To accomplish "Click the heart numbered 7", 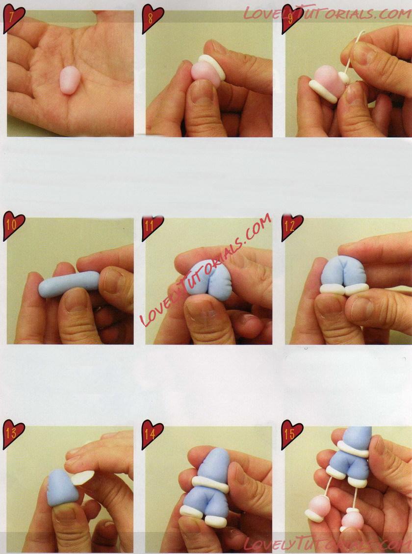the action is [x=13, y=19].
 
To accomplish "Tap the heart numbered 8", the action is [x=152, y=19].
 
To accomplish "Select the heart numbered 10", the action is [x=13, y=226].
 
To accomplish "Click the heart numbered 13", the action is [x=13, y=434].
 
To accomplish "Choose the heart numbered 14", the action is [x=152, y=434].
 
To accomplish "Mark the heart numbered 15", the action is [x=292, y=434].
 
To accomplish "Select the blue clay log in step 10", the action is [x=69, y=284].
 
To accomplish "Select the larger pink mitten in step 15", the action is [x=318, y=508].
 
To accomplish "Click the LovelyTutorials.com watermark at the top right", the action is [x=327, y=13].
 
